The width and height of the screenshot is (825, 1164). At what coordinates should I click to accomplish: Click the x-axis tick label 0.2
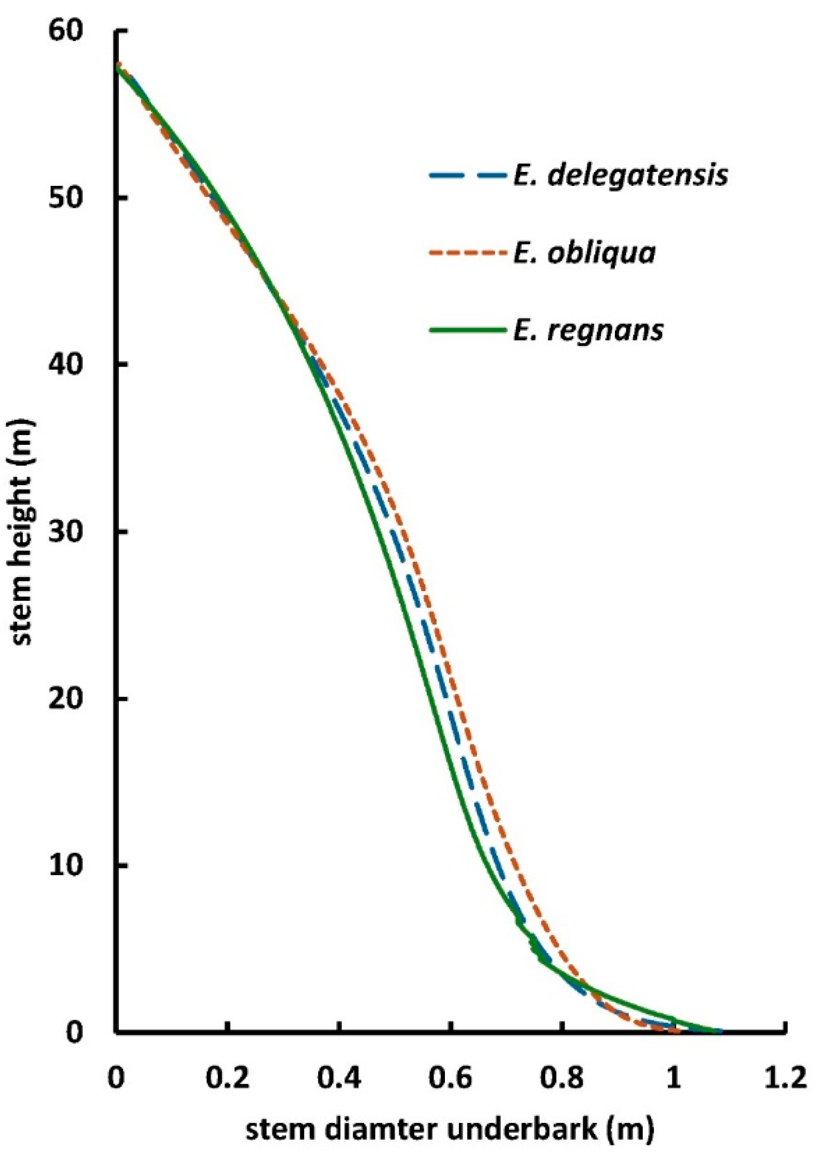click(x=227, y=1078)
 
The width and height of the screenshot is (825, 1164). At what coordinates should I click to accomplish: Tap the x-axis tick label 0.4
click(x=339, y=1078)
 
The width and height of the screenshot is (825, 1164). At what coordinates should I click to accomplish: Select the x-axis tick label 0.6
click(x=451, y=1078)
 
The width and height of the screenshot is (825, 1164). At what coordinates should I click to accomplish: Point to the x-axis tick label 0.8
click(x=562, y=1078)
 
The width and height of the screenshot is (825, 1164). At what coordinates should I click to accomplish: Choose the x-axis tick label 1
click(x=674, y=1078)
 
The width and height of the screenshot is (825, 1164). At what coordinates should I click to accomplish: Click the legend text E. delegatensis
click(x=621, y=176)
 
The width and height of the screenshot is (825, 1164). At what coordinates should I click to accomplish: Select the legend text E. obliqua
click(x=584, y=253)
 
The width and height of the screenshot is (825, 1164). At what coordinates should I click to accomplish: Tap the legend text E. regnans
click(x=588, y=330)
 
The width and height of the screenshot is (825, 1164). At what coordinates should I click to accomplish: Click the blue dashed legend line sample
click(x=466, y=176)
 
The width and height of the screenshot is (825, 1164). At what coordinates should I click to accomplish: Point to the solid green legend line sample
click(x=466, y=330)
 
